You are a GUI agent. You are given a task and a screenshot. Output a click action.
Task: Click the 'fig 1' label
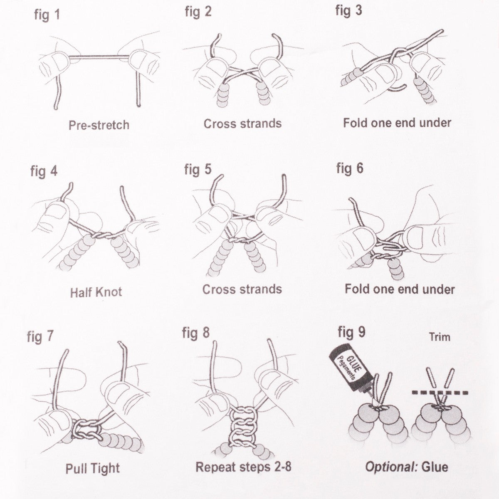[x=47, y=15]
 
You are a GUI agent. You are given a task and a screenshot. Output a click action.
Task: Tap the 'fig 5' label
[x=198, y=169]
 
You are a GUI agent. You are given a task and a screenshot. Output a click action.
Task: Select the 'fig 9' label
[x=351, y=332]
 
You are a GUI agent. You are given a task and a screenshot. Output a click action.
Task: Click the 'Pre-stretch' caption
[x=99, y=125]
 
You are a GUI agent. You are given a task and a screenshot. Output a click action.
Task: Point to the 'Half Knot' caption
[x=96, y=292]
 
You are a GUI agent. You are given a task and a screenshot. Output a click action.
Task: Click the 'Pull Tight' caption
[x=92, y=468]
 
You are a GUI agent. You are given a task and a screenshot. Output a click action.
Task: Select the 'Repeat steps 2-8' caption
[x=243, y=467]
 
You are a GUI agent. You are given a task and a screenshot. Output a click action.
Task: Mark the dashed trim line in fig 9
[x=440, y=392]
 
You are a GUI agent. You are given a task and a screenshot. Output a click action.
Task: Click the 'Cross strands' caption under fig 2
[x=242, y=124]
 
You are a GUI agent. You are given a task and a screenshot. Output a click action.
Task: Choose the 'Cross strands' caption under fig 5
[x=242, y=289]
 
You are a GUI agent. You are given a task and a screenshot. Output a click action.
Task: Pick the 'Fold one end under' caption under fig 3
[x=397, y=123]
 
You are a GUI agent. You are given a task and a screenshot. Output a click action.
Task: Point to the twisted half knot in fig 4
[x=102, y=235]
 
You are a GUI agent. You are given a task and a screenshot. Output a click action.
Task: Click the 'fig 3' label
[x=348, y=11]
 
